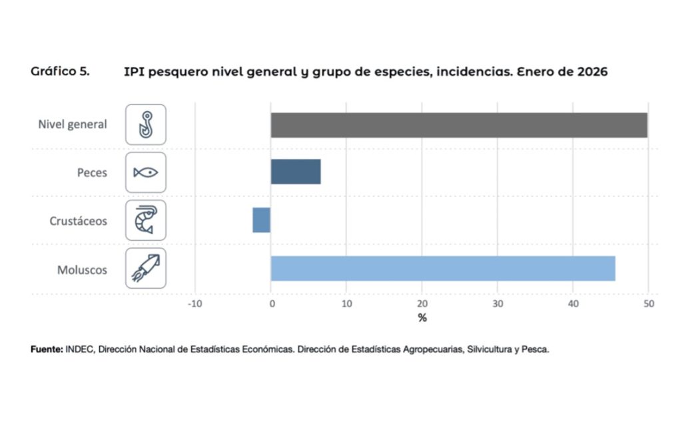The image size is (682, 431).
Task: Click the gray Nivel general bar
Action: point(458,125)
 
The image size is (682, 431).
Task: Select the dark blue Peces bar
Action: point(295,172)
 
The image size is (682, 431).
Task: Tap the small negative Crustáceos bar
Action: point(261,220)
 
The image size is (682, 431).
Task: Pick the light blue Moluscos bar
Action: point(442,268)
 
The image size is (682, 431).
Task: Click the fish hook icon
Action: point(146,124)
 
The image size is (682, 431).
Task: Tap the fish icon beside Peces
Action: point(146,172)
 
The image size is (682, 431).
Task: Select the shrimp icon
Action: point(146,220)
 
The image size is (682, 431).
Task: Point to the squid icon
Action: point(146,268)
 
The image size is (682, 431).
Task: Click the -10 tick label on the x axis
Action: point(194,304)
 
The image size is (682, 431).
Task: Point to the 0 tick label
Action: point(271,304)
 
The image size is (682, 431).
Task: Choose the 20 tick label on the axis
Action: point(422,304)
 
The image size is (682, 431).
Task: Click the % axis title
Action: point(422,318)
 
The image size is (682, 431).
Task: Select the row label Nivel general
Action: point(73,124)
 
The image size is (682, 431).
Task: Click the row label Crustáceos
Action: point(78,221)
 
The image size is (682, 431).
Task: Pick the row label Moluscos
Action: point(82,270)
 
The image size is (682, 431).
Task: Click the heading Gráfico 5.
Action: point(60,71)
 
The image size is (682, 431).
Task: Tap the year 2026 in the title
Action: point(591,72)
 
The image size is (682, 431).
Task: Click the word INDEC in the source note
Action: point(79,349)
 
